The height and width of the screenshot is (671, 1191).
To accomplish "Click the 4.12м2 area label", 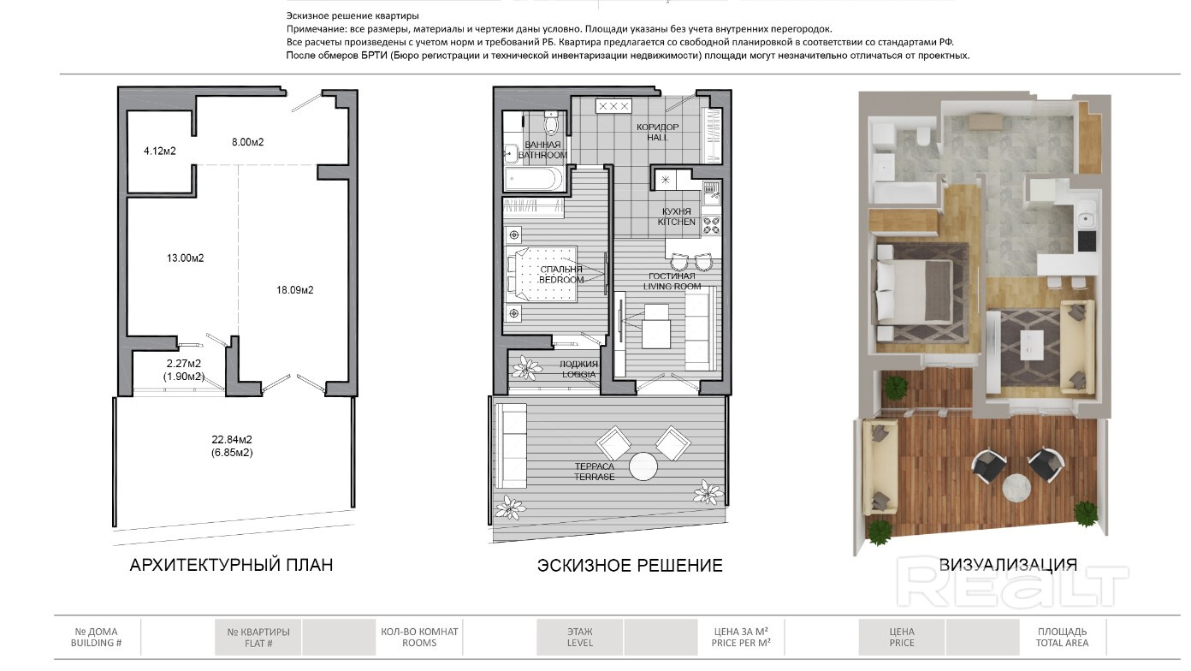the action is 159,151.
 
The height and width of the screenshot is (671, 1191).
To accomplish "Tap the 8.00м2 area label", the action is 248,142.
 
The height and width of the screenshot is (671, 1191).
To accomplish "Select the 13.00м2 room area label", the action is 185,258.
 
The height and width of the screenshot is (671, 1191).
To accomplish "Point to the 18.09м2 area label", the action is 294,290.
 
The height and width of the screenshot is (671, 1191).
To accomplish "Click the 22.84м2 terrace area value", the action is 232,440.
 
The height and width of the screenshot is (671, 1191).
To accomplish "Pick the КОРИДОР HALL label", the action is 658,132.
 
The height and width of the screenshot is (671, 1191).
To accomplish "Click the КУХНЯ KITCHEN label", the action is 676,217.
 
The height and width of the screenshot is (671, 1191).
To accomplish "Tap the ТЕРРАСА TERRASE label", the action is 595,472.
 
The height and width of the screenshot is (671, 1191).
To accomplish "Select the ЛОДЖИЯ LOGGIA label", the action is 578,369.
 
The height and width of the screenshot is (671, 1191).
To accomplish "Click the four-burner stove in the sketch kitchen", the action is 711,225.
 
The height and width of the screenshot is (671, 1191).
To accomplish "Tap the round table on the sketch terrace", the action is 643,466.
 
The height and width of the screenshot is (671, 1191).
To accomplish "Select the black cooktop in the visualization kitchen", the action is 1087,240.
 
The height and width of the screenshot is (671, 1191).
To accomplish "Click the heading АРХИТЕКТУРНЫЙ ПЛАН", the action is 231,565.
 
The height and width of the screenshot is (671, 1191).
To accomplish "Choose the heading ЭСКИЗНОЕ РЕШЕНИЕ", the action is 630,565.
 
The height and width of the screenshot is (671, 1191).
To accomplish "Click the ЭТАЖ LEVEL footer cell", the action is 579,637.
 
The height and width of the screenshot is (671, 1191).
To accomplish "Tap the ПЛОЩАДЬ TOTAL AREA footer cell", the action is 1062,637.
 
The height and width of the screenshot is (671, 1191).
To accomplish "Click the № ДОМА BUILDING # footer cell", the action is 96,637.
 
